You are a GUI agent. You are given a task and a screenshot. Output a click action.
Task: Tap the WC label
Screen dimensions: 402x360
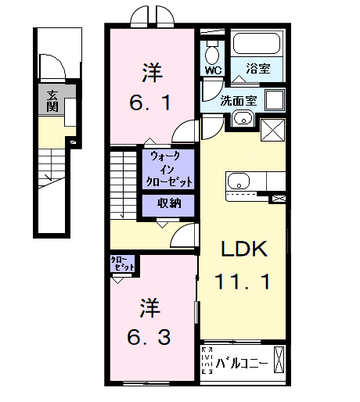213,70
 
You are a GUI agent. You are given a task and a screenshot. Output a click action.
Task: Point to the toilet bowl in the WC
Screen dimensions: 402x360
212,52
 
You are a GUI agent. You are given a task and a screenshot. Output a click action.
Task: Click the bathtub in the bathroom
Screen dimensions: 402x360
255,45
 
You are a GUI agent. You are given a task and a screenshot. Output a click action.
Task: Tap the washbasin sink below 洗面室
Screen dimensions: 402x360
242,120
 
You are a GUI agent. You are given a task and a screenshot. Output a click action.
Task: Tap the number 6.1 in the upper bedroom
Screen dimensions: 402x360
152,102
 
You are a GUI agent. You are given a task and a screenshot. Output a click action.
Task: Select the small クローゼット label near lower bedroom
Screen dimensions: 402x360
123,264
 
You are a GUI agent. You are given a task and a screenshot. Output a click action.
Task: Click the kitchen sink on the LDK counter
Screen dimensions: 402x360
236,181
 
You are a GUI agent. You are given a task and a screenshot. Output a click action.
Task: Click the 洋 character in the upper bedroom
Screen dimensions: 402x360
152,73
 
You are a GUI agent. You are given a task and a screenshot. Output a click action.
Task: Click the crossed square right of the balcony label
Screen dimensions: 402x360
279,363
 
